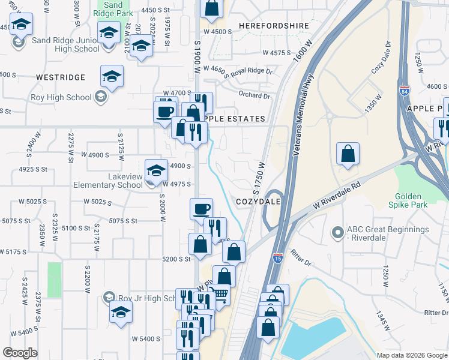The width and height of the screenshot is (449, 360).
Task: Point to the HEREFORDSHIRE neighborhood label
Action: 274,26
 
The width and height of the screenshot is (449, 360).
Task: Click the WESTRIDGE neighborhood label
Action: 61,77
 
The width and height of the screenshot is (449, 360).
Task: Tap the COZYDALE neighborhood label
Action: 259,202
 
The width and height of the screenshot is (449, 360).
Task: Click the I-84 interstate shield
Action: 405,91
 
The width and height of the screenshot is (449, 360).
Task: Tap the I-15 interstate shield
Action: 277,258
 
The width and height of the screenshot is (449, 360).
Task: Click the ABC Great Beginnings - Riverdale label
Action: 390,233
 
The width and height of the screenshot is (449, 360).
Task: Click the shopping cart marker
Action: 220,295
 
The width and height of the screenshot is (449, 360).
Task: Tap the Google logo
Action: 20,353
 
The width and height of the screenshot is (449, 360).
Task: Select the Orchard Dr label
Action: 254,95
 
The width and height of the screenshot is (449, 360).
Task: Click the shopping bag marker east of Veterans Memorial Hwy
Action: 348,154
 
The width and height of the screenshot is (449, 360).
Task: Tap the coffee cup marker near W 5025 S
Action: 201,209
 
